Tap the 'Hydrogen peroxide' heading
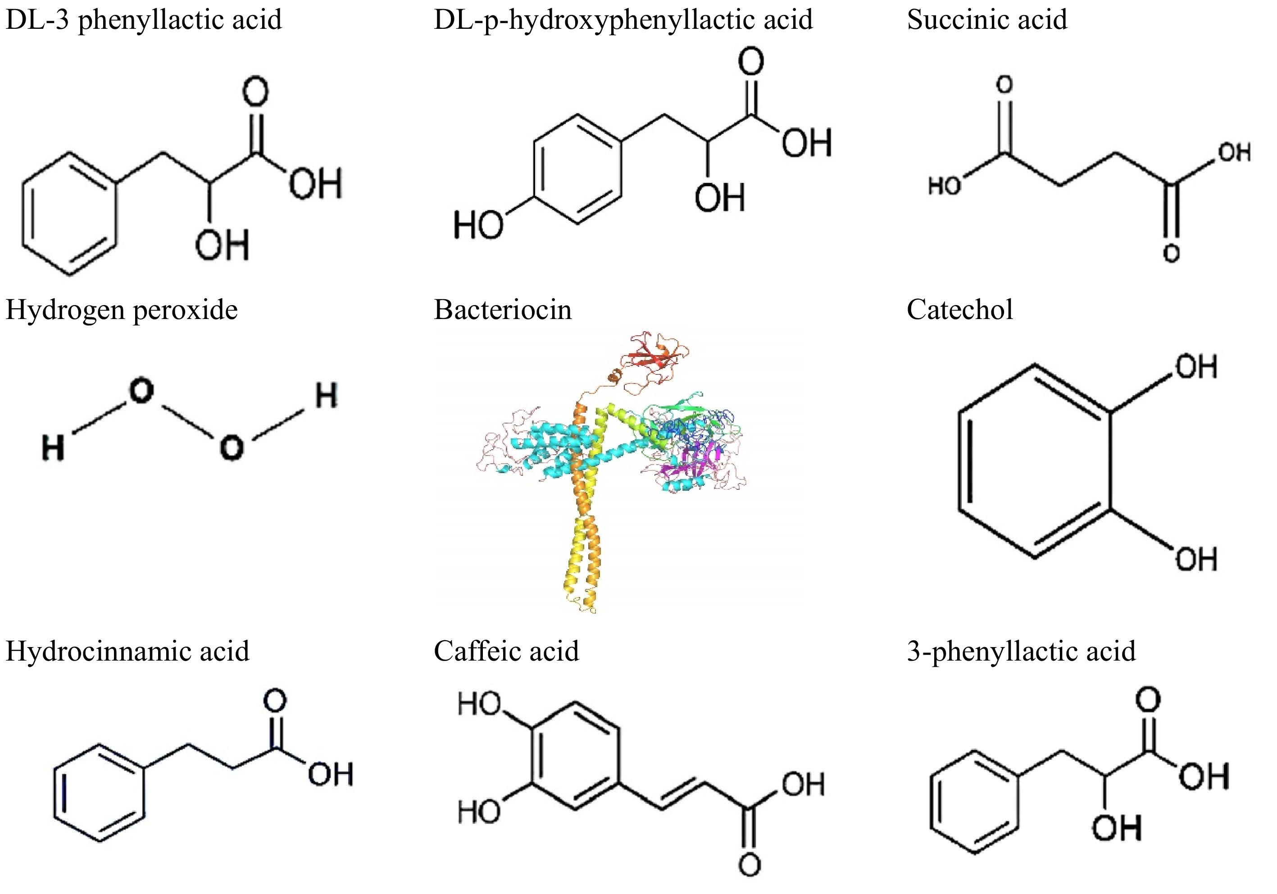pos(121,310)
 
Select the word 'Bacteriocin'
pos(502,310)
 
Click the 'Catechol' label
pos(959,310)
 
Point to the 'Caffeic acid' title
pos(506,651)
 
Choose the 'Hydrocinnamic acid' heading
pos(127,651)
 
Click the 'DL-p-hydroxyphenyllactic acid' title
pos(623,20)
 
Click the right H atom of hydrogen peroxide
pos(326,396)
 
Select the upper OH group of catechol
pos(1196,367)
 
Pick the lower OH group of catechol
pos(1196,559)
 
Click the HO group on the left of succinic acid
pos(944,186)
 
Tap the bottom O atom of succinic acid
pos(1171,254)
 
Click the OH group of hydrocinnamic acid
pos(331,775)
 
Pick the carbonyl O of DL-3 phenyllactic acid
pos(255,92)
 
